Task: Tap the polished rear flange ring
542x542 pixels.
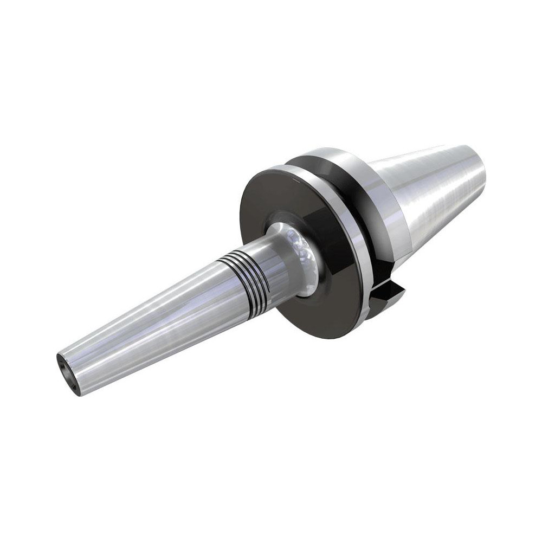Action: click(347, 163)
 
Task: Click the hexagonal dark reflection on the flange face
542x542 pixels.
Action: click(331, 238)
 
